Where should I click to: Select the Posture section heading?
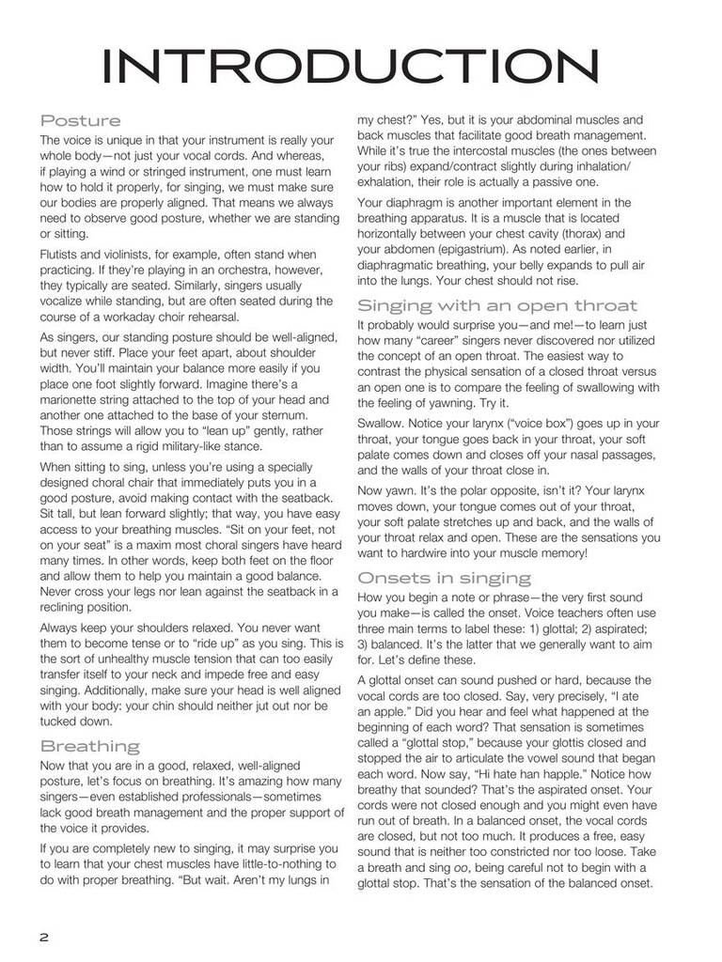click(x=80, y=120)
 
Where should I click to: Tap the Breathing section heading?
click(x=89, y=746)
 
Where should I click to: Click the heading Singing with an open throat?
click(x=497, y=304)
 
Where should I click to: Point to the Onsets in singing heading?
click(x=444, y=577)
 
